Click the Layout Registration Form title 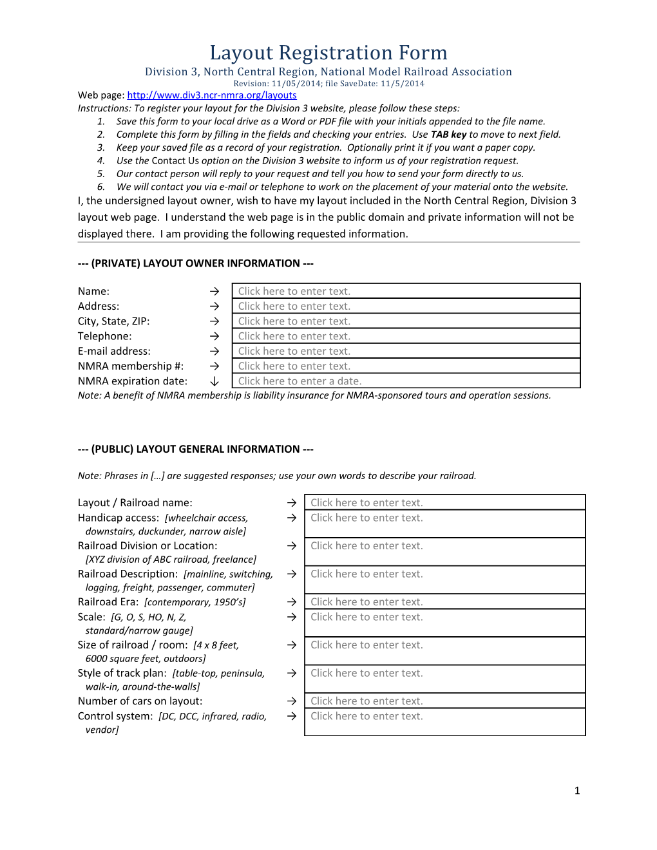point(328,53)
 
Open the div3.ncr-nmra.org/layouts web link point(212,95)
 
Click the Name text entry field point(406,291)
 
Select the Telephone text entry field point(406,336)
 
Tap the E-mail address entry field point(406,351)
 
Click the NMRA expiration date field point(406,381)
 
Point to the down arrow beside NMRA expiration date point(214,381)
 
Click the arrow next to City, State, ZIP point(214,321)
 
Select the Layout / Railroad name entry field point(444,503)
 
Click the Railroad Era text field point(444,602)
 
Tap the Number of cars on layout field point(444,701)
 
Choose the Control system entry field point(444,721)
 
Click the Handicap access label point(119,518)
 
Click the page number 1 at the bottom point(577,791)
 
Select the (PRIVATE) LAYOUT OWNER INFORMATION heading point(196,263)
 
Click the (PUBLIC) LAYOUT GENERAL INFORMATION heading point(196,449)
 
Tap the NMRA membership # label point(131,366)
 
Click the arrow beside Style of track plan point(292,673)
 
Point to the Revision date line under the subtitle point(328,84)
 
